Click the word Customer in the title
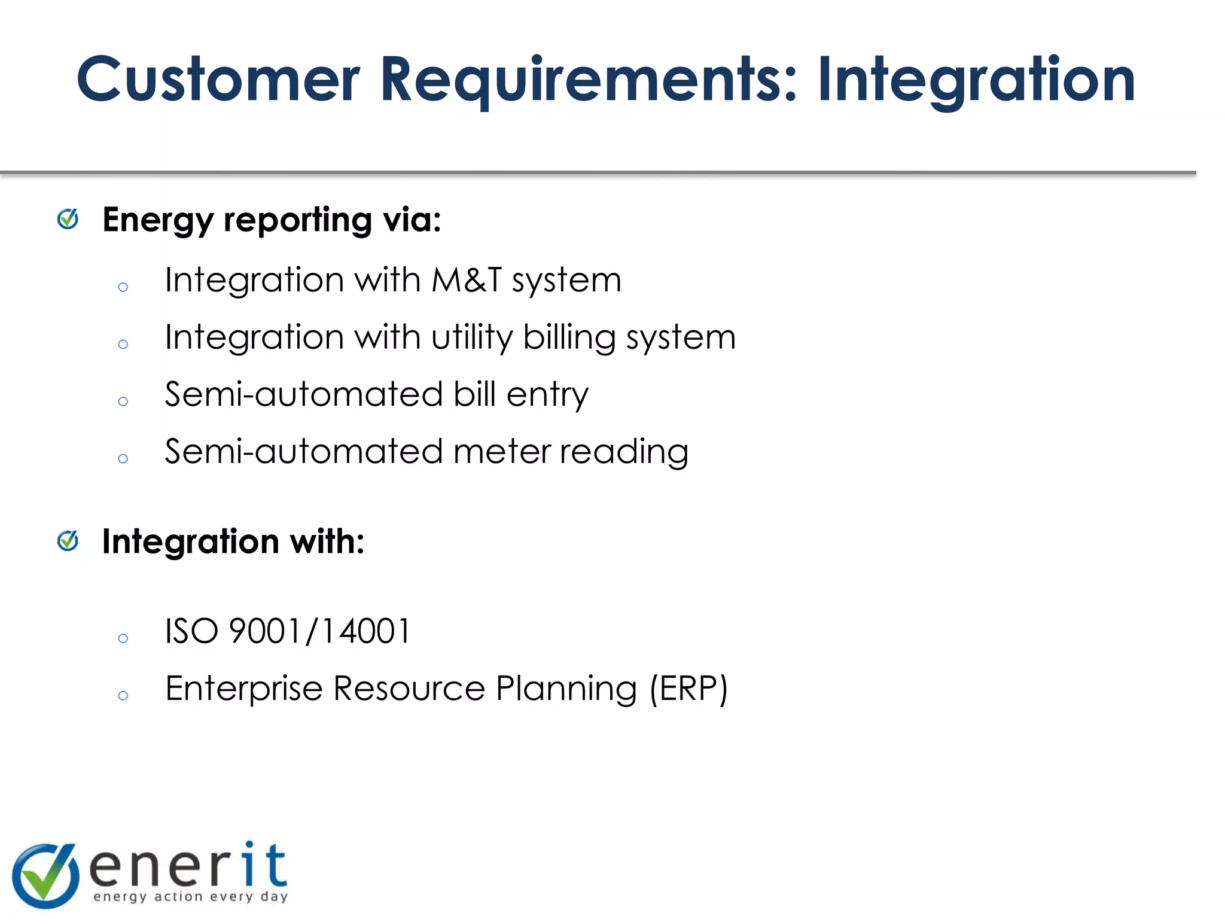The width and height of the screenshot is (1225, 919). [218, 80]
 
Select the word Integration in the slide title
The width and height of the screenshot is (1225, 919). [976, 80]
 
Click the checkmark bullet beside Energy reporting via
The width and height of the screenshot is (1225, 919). [68, 219]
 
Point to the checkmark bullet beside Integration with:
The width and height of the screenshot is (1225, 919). [68, 541]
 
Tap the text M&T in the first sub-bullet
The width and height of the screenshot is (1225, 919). [467, 279]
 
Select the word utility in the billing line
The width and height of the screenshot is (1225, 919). [472, 337]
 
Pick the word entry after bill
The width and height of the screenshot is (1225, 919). [547, 394]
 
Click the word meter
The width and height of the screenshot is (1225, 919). [502, 451]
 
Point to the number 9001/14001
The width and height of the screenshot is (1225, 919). [320, 631]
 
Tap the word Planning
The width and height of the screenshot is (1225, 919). [566, 689]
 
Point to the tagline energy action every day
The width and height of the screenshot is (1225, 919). [191, 896]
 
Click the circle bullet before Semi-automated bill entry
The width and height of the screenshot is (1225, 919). [123, 401]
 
